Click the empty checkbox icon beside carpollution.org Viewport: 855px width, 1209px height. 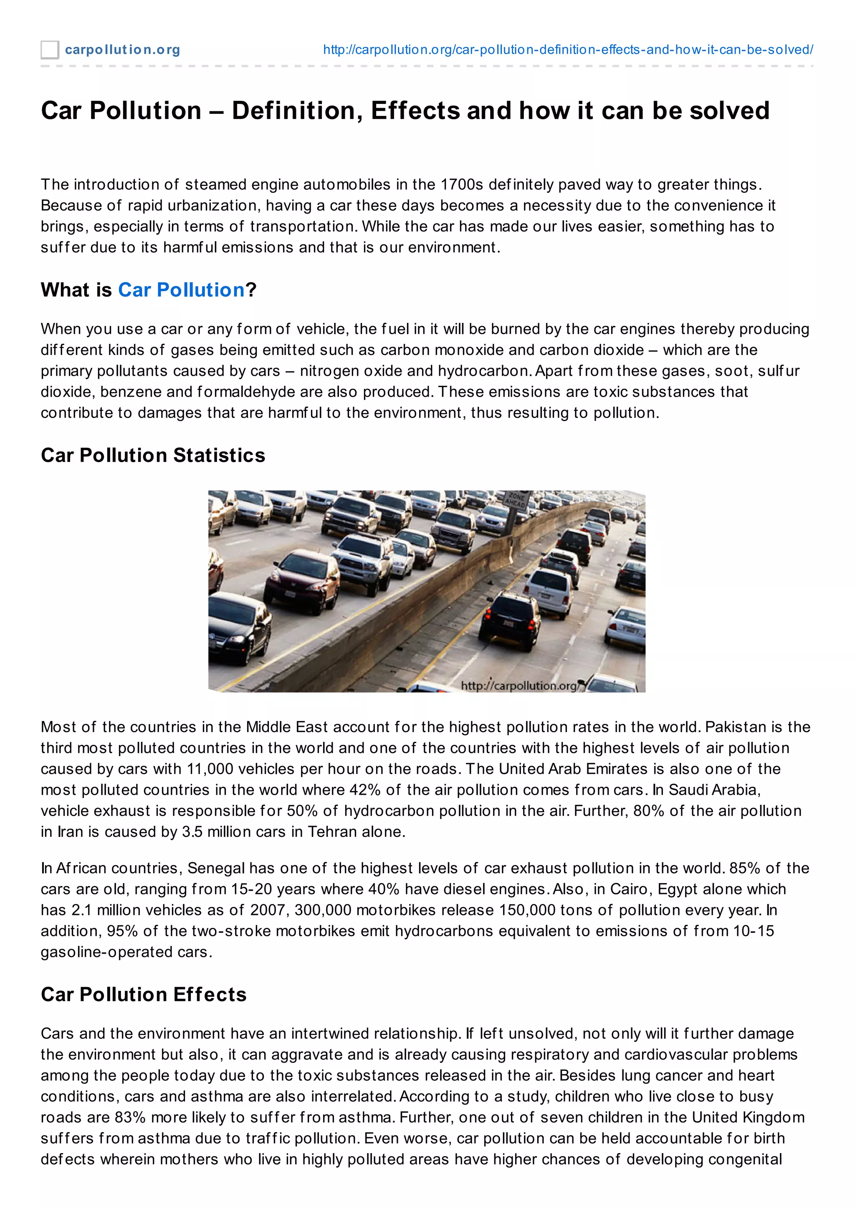pyautogui.click(x=50, y=50)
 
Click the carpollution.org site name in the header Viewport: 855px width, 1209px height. pyautogui.click(x=122, y=50)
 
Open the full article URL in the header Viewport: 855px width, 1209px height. pyautogui.click(x=567, y=50)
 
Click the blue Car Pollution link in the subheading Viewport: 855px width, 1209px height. pyautogui.click(x=181, y=290)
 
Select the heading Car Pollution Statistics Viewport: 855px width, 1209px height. pyautogui.click(x=153, y=456)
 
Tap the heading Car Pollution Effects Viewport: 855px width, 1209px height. pyautogui.click(x=143, y=995)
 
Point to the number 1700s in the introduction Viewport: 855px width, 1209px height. pyautogui.click(x=461, y=185)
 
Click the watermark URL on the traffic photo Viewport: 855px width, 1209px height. pyautogui.click(x=519, y=685)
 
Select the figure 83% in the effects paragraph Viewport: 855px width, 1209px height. pyautogui.click(x=128, y=1117)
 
